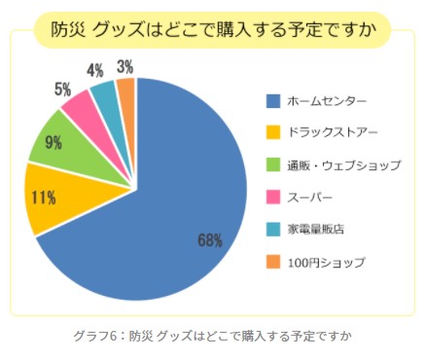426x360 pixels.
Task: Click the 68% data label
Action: coord(210,241)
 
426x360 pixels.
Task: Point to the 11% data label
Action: coord(44,198)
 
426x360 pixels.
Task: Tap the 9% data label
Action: coord(53,142)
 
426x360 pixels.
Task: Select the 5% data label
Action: coord(62,90)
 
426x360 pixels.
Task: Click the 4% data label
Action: coord(95,70)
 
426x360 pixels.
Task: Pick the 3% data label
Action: coord(125,67)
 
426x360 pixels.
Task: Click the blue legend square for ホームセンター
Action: coord(273,101)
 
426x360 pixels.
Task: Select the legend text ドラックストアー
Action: coord(333,132)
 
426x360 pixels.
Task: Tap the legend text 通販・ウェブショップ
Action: coord(344,165)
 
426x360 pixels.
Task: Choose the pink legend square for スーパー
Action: coord(273,198)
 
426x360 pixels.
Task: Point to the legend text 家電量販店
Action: coord(316,230)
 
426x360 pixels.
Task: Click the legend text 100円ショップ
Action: coord(327,262)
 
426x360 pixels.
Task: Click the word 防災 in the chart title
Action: coord(68,30)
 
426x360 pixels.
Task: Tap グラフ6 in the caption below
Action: coord(94,336)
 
